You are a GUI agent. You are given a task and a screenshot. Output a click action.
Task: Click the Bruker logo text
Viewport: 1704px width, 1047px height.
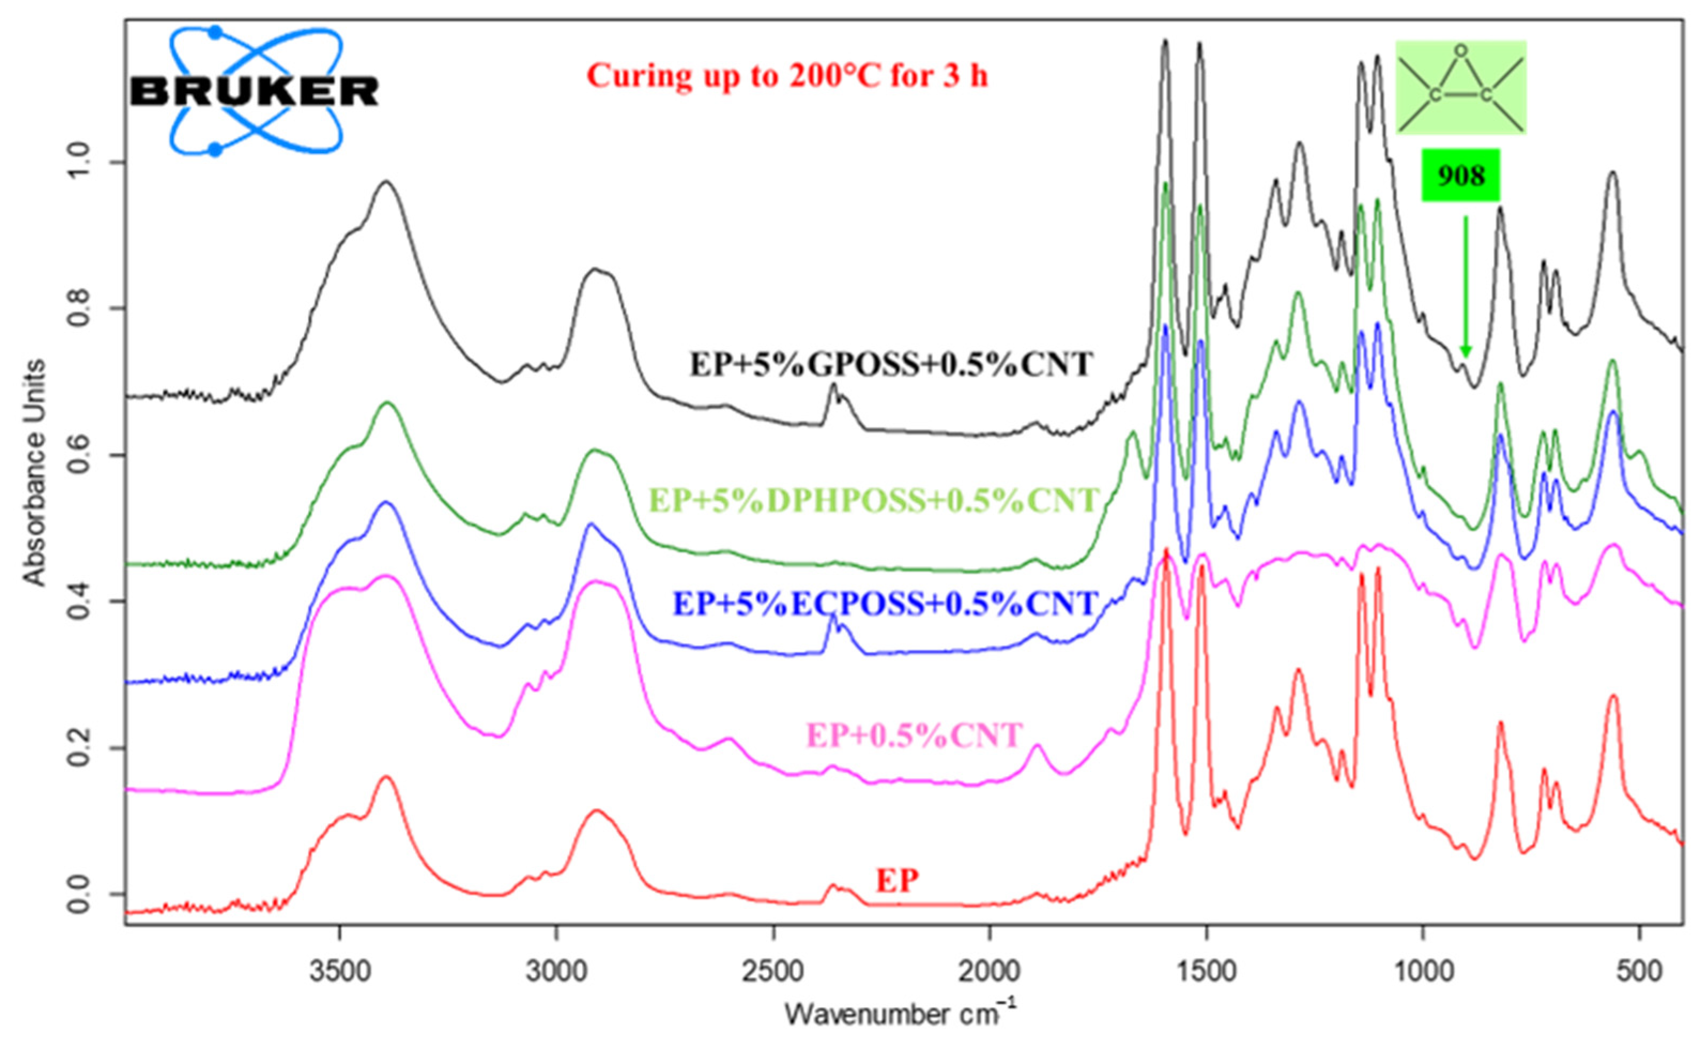click(255, 91)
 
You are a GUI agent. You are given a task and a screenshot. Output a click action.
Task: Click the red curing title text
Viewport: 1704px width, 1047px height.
click(787, 75)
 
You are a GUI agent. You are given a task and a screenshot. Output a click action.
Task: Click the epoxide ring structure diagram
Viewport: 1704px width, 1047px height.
click(1460, 88)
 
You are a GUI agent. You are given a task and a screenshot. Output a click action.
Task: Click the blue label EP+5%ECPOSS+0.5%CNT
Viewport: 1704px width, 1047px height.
click(885, 603)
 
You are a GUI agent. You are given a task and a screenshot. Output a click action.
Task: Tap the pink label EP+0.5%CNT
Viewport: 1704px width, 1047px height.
click(914, 735)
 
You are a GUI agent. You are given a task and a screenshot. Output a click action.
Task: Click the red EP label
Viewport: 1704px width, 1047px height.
click(897, 881)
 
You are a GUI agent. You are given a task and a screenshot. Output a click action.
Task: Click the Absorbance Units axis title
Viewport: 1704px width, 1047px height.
click(35, 472)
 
